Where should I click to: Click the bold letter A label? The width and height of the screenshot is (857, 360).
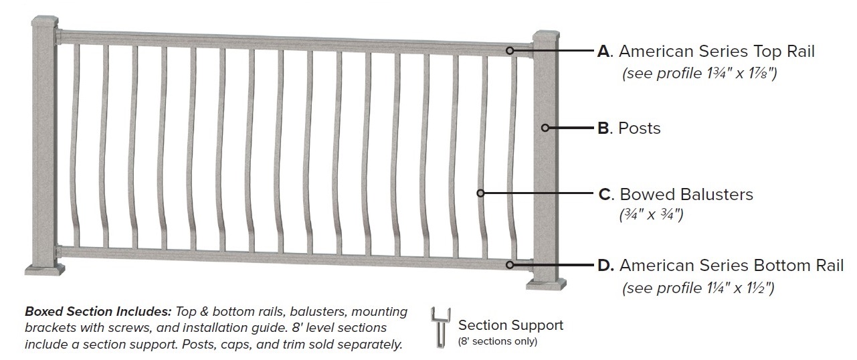tap(605, 52)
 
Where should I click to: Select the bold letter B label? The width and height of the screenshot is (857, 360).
tap(604, 128)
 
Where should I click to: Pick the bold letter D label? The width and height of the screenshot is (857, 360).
tap(605, 266)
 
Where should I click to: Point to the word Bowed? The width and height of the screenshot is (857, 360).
tap(645, 195)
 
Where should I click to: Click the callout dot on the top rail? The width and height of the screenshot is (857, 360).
tap(510, 50)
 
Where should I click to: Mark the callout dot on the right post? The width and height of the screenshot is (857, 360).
tap(546, 127)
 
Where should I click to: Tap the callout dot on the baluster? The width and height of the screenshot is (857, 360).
tap(480, 193)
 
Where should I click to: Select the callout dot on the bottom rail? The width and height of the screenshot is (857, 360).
tap(510, 264)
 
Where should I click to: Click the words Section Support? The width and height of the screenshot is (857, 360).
tap(510, 325)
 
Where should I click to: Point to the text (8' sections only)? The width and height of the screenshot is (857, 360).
tap(497, 341)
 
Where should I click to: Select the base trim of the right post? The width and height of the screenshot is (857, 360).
tap(547, 284)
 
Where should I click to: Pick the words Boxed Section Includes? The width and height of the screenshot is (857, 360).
tap(98, 312)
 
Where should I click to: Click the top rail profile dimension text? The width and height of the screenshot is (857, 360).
tap(699, 74)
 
